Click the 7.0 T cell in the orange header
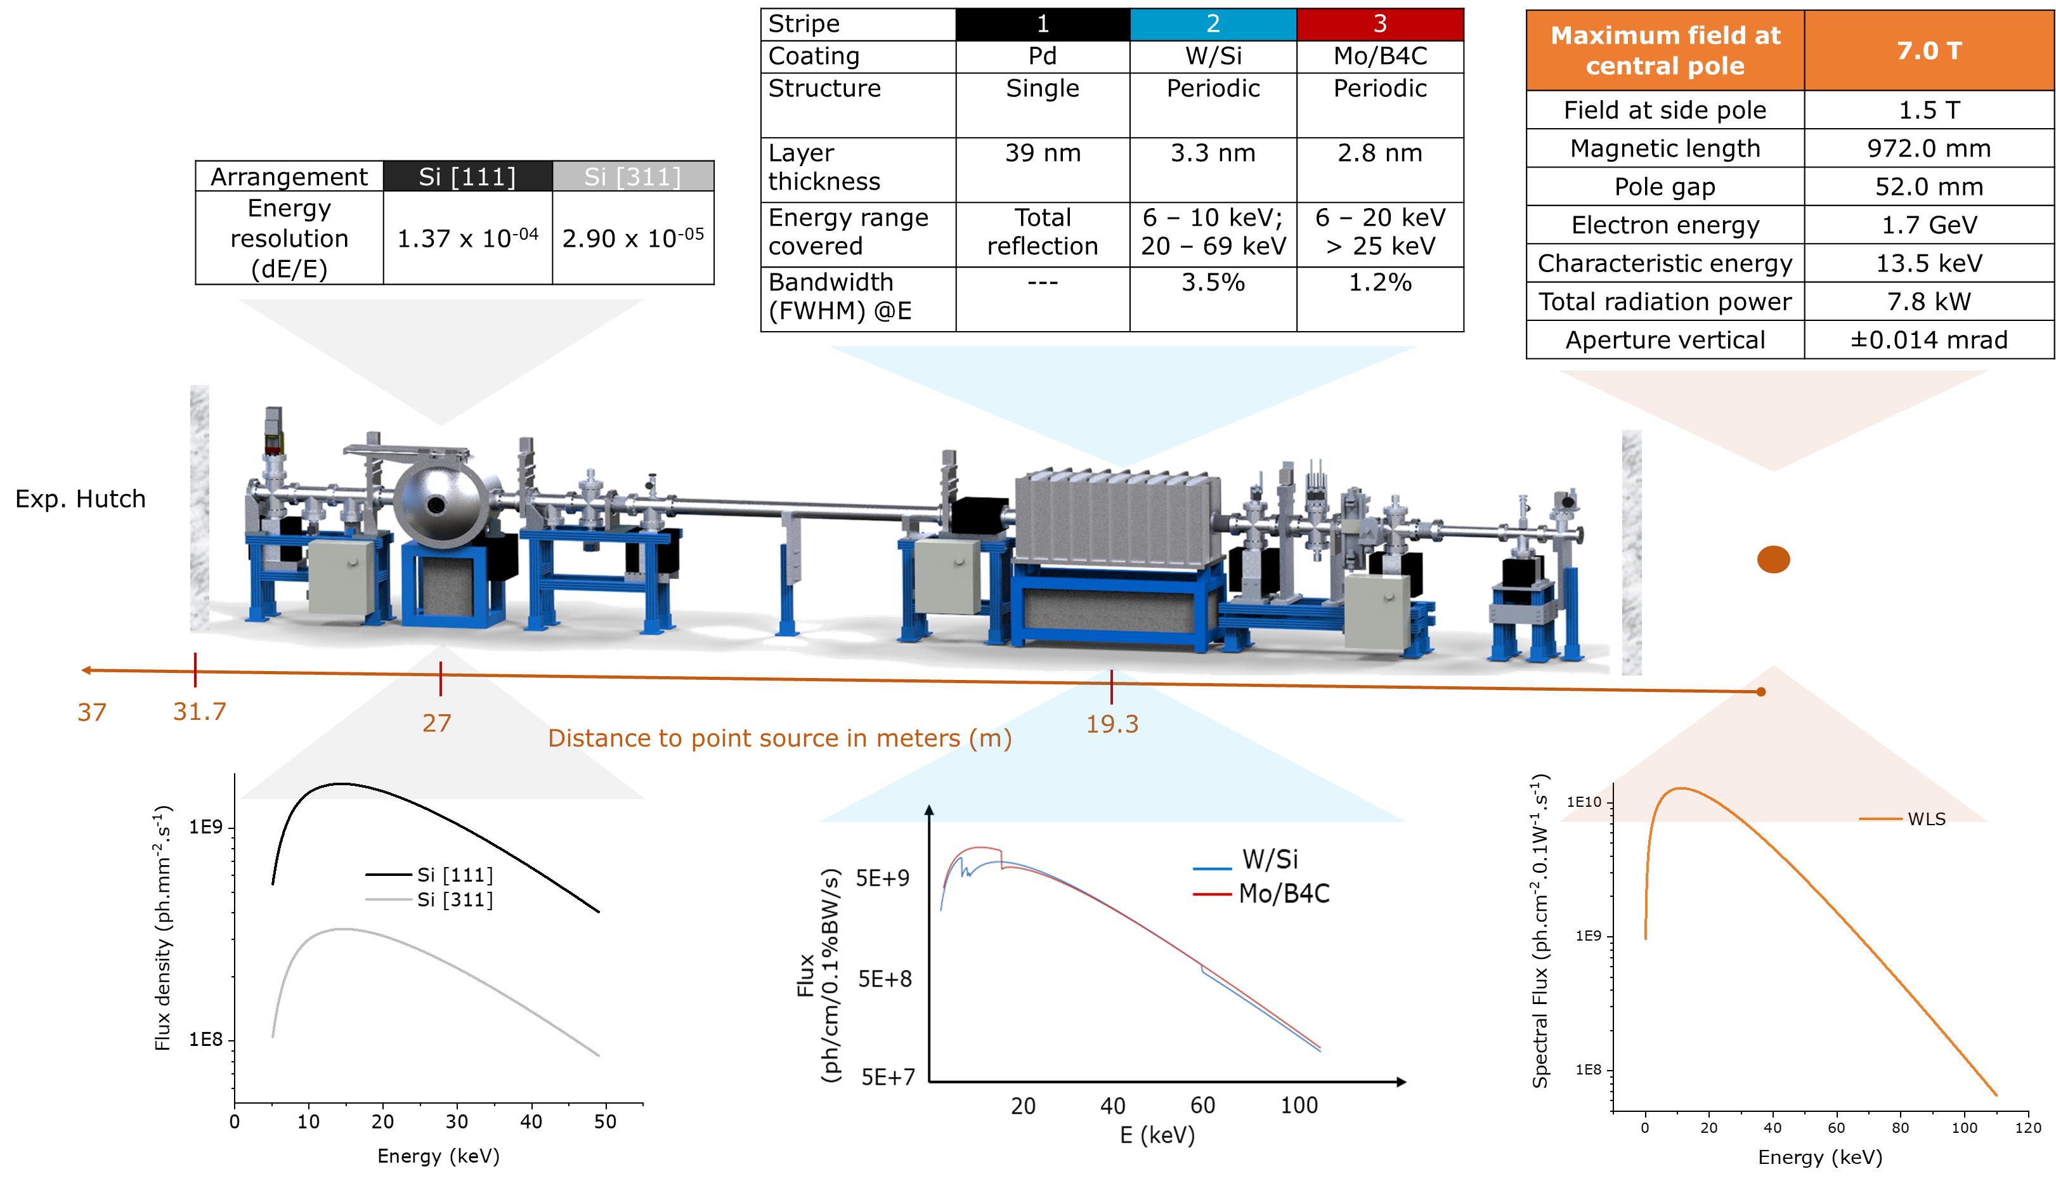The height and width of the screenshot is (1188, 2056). [x=1928, y=51]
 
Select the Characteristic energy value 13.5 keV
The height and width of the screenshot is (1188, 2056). [x=1928, y=264]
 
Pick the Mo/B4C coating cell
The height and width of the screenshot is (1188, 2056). [x=1379, y=56]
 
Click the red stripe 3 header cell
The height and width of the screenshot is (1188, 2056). [x=1379, y=23]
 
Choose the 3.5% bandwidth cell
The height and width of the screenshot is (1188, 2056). [x=1212, y=282]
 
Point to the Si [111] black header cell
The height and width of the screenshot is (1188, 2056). [x=467, y=177]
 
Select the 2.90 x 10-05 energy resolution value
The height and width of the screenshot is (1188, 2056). [x=633, y=238]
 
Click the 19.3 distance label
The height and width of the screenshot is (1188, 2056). [x=1112, y=724]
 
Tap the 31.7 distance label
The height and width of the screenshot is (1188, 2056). [x=199, y=712]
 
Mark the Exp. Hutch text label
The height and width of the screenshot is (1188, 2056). [x=80, y=499]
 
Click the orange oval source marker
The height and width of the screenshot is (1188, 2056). [x=1773, y=559]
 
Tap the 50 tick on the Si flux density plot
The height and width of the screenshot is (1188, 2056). [x=605, y=1122]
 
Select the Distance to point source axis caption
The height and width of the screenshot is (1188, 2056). [x=779, y=738]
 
